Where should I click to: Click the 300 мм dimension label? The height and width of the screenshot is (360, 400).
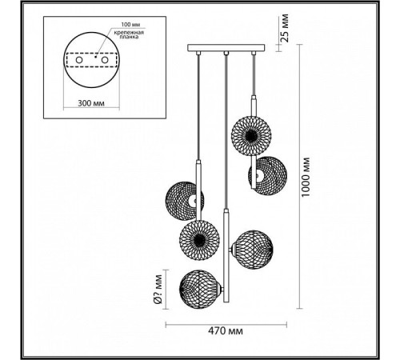91,103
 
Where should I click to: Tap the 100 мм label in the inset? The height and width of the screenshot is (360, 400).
130,25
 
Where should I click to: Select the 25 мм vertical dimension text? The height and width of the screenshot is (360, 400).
285,28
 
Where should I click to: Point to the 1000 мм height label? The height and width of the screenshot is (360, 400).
306,177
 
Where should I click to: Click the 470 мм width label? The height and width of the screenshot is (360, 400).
226,331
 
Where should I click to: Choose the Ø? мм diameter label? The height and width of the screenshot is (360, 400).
158,290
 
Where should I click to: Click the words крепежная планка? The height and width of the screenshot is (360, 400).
129,34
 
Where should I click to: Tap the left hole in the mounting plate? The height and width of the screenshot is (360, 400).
79,60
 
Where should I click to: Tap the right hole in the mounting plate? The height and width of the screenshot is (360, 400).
105,60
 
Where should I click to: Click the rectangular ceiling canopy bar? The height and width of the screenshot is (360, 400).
226,48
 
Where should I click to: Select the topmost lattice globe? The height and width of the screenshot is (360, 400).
251,136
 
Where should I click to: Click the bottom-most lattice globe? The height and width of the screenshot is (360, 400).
199,290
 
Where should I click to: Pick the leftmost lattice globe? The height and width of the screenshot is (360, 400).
185,201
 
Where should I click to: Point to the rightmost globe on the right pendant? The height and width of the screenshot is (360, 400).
268,176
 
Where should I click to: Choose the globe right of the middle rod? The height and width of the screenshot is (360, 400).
253,250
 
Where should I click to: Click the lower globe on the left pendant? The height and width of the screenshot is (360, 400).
199,240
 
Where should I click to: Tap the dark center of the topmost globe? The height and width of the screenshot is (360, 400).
251,136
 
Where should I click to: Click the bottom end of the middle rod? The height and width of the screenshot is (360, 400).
226,302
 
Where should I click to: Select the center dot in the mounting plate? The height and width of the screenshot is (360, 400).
95,57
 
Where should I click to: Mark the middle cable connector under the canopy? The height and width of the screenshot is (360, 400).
226,54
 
